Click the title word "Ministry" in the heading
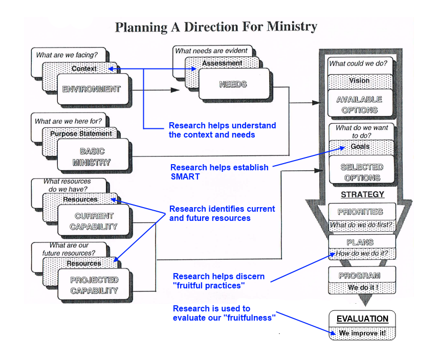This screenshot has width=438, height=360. (x=292, y=27)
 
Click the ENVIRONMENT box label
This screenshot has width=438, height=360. (x=91, y=89)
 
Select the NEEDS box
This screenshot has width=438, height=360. (x=233, y=84)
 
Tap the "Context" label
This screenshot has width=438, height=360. (x=84, y=69)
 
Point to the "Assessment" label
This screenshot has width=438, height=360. (x=222, y=63)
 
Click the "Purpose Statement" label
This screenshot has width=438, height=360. (x=81, y=134)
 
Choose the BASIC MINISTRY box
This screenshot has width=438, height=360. (x=92, y=157)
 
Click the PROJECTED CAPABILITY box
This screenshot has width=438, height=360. (x=94, y=285)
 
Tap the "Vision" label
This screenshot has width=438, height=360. (x=360, y=80)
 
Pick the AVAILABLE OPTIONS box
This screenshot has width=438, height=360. (x=360, y=104)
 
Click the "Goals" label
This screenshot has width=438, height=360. (x=360, y=147)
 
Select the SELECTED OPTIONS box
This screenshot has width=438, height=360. (x=362, y=172)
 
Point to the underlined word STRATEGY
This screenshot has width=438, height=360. (x=362, y=194)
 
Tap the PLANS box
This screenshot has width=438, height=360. (x=360, y=242)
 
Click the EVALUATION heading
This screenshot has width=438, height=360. (x=362, y=319)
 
